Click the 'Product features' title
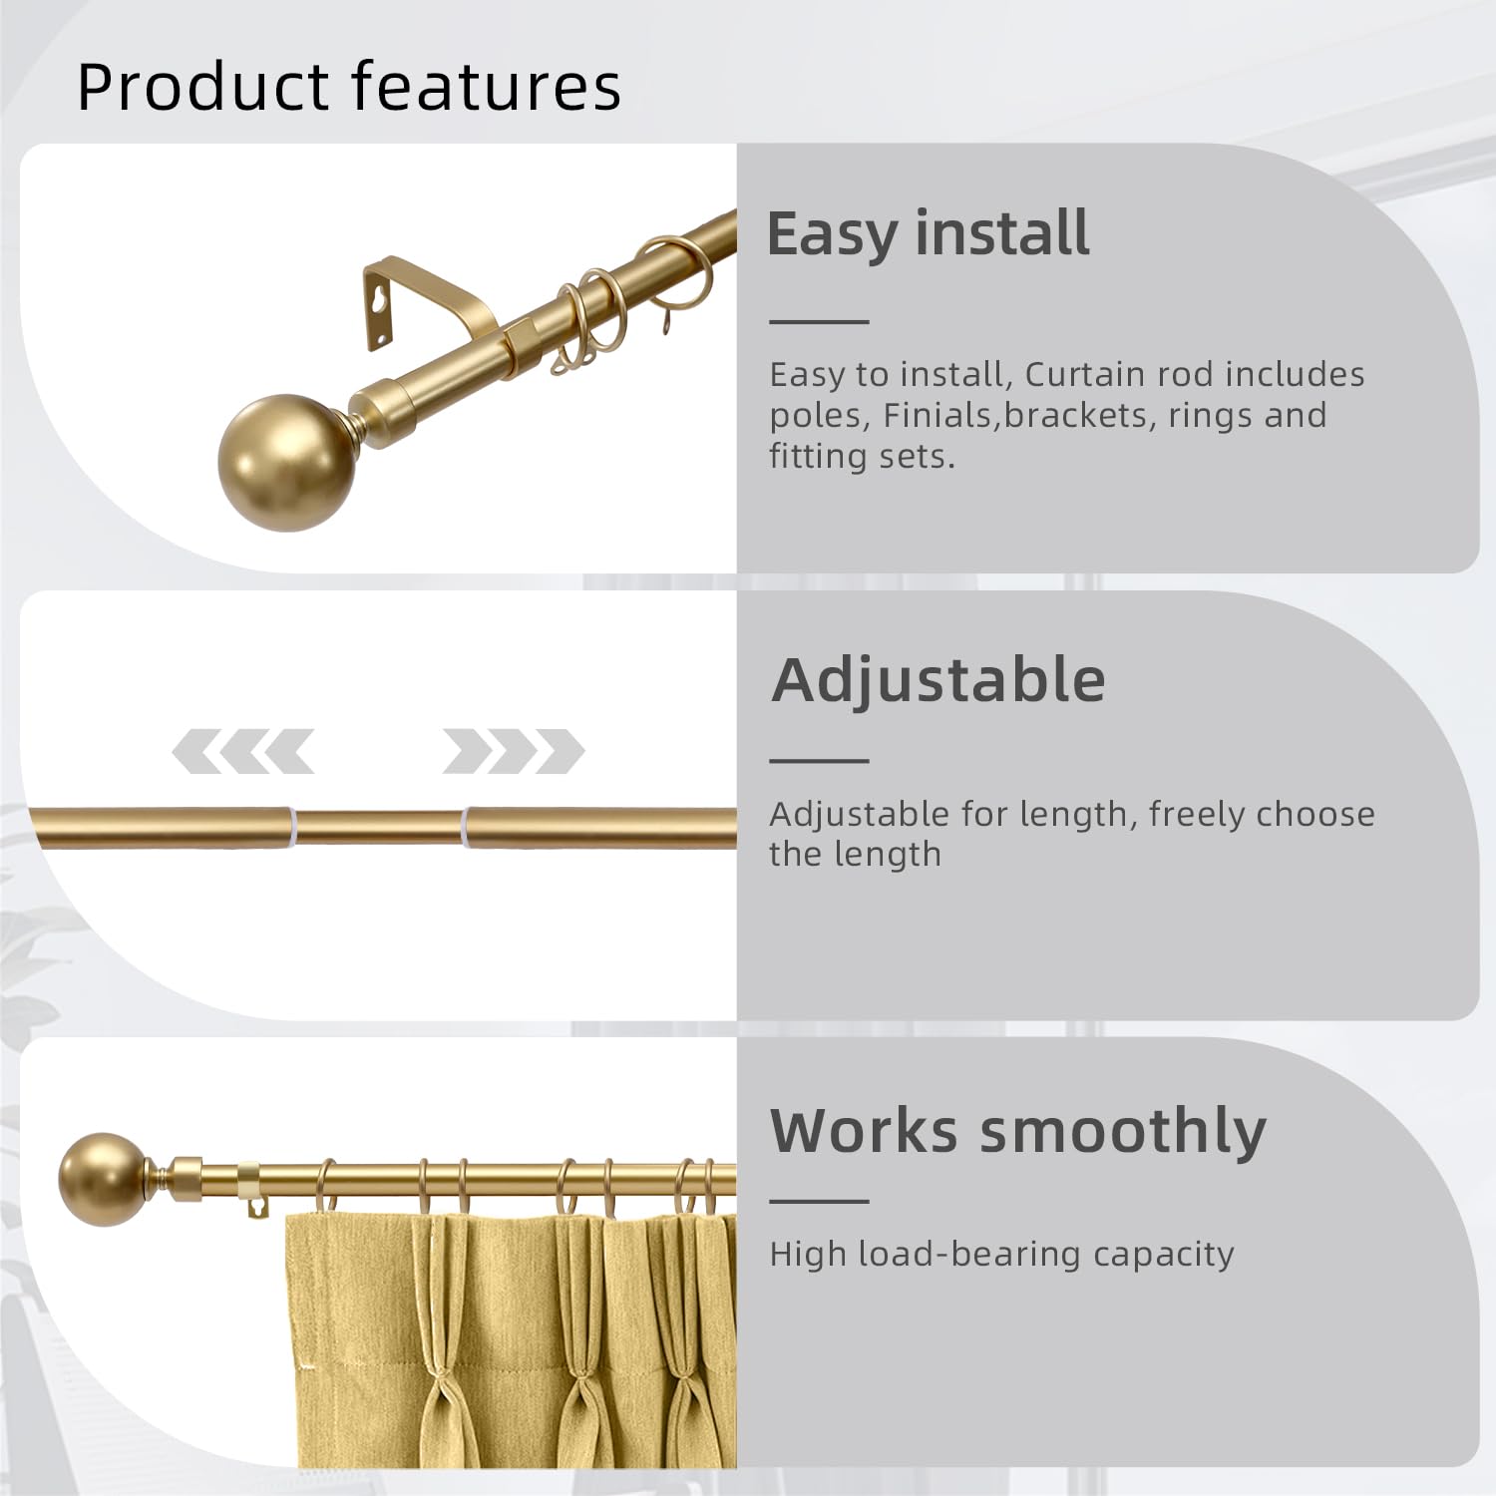[349, 87]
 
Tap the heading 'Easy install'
[928, 235]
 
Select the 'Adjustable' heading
[938, 680]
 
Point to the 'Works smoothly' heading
[1017, 1132]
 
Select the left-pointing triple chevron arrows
[242, 751]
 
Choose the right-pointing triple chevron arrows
[514, 751]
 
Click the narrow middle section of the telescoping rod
[380, 827]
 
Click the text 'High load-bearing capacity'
[1001, 1255]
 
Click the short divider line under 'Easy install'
[819, 322]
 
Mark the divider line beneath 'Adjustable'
[819, 761]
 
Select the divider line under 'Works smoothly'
[819, 1202]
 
